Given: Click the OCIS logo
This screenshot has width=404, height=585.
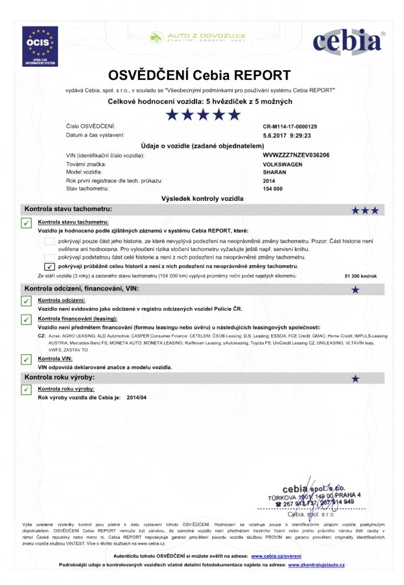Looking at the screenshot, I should coord(40,46).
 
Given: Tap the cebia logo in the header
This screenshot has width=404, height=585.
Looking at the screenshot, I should coord(347,43).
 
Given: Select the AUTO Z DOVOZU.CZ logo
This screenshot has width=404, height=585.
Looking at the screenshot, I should coord(197,37).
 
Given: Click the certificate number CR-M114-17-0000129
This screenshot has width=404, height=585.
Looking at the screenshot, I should coord(290,126).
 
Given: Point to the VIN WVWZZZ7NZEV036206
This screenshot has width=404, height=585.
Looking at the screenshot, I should coord(296,156).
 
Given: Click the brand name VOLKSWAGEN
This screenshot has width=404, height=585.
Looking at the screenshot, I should coord(282,164).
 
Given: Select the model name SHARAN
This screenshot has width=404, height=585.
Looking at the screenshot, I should coord(274,172).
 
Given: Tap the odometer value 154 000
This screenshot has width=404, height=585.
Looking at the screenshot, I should coord(273,188).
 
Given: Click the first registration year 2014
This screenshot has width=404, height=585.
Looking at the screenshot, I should coord(269,180).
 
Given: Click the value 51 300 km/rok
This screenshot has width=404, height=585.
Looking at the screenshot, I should coord(360,276).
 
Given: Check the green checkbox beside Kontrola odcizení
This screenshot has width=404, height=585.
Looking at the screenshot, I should coord(27,301).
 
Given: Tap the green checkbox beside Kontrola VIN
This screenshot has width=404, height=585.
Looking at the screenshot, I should coord(27,359).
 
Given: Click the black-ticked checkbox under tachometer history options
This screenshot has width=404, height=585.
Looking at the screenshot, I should coord(49,266).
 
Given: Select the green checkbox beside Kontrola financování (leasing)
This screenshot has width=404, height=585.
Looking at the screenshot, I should coord(27,320).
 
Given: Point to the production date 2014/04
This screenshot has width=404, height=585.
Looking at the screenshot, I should coord(137,396).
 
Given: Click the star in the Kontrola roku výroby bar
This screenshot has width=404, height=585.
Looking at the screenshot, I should coord(355,378).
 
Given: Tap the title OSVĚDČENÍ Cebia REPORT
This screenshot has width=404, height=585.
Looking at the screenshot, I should coord(199,75).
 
